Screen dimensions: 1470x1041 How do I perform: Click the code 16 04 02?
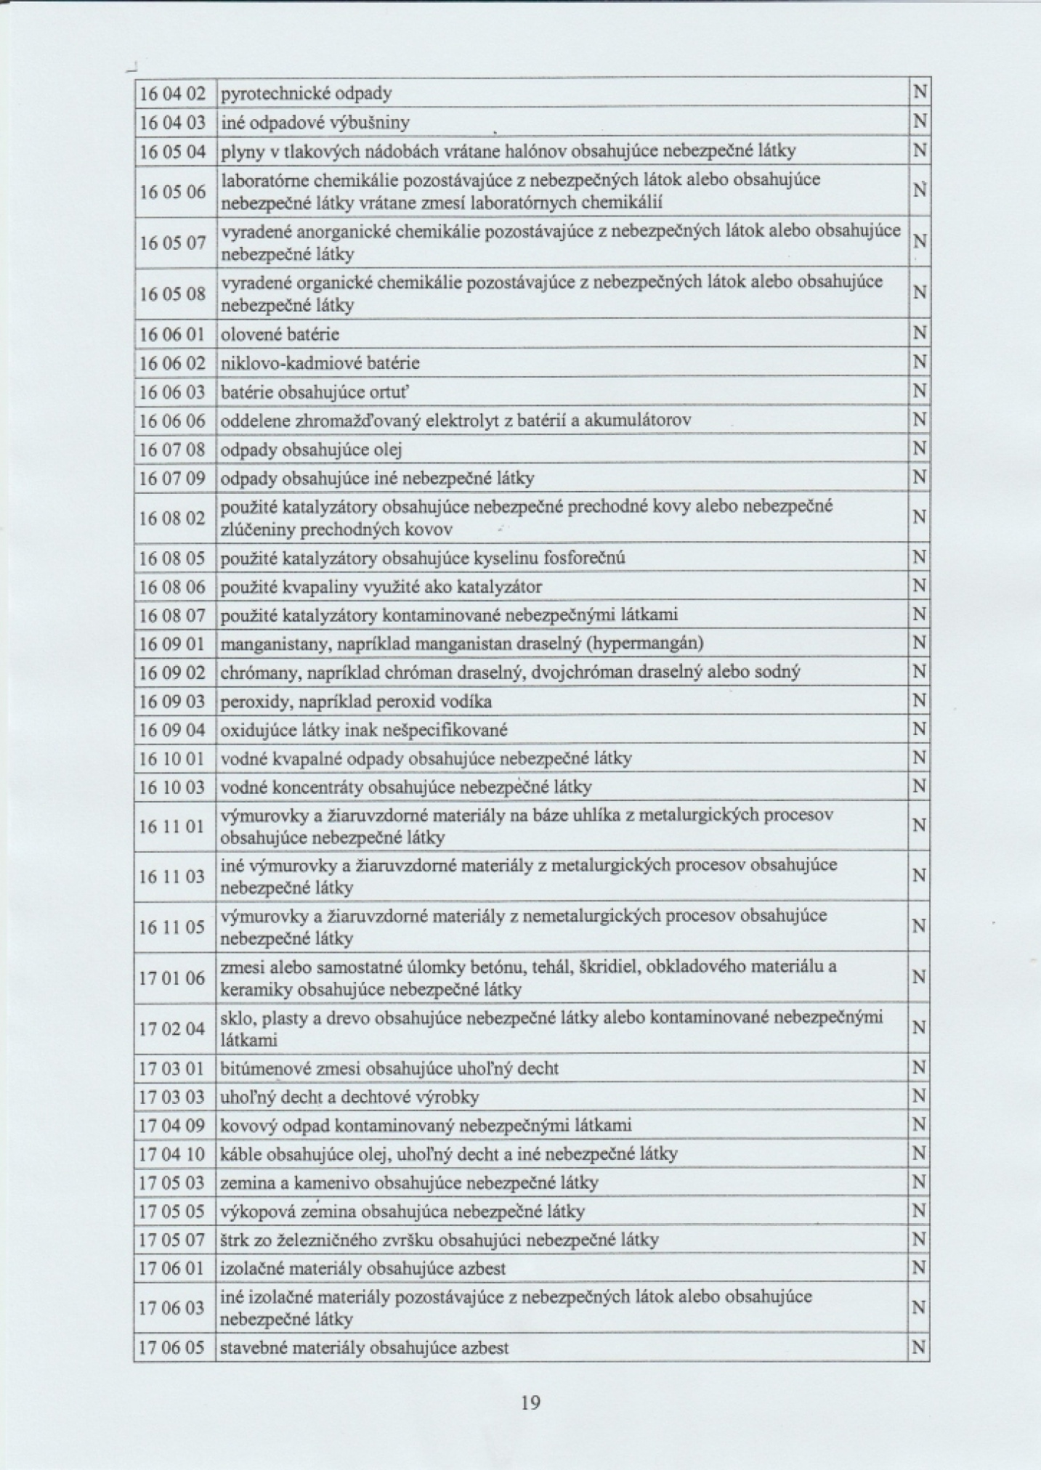pyautogui.click(x=173, y=94)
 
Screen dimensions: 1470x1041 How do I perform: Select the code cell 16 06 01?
pyautogui.click(x=173, y=335)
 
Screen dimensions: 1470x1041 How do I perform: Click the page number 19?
pyautogui.click(x=530, y=1402)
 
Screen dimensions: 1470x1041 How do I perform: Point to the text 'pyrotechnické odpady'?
pyautogui.click(x=306, y=94)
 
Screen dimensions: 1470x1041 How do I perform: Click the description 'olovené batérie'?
pyautogui.click(x=280, y=335)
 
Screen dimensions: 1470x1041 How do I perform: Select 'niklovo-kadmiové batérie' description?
pyautogui.click(x=320, y=363)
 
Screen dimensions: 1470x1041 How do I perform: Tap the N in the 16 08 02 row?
pyautogui.click(x=919, y=518)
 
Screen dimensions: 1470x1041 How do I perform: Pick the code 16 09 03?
pyautogui.click(x=173, y=702)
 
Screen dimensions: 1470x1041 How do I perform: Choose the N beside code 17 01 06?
pyautogui.click(x=919, y=978)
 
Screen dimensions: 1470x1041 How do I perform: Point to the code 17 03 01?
pyautogui.click(x=173, y=1068)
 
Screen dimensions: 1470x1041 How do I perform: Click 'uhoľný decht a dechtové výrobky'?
pyautogui.click(x=349, y=1097)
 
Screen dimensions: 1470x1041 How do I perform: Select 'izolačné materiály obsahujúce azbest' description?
pyautogui.click(x=362, y=1269)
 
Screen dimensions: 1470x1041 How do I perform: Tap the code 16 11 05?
pyautogui.click(x=173, y=927)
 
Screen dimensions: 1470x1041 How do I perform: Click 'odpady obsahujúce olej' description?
pyautogui.click(x=311, y=450)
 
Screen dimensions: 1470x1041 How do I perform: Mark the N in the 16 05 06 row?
pyautogui.click(x=919, y=191)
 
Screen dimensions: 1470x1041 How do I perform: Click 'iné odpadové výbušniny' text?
pyautogui.click(x=315, y=123)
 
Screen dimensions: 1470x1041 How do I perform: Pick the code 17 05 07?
pyautogui.click(x=173, y=1240)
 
